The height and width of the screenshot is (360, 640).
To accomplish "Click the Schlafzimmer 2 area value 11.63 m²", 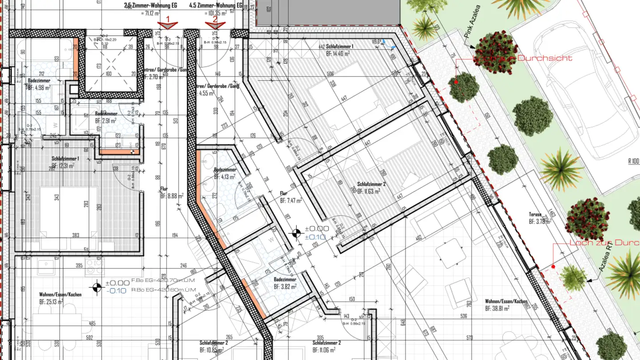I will pos(369,192).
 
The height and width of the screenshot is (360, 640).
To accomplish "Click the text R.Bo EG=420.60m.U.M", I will pos(164,290).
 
